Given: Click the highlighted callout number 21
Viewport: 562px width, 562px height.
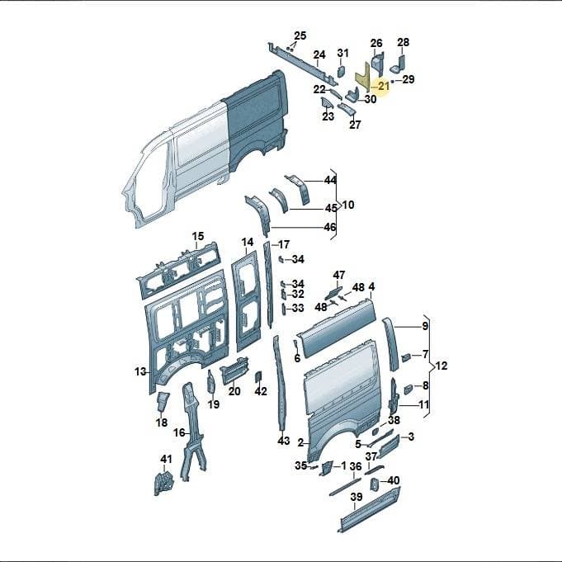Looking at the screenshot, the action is (x=383, y=86).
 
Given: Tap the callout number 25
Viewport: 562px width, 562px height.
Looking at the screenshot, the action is (x=300, y=35).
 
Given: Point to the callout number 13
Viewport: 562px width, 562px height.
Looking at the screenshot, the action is (x=140, y=371).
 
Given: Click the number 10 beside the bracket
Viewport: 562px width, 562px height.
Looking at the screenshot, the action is (x=348, y=205).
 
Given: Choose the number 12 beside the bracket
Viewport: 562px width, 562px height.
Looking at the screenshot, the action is (x=442, y=366).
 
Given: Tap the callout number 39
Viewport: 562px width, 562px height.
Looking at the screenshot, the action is (x=357, y=497).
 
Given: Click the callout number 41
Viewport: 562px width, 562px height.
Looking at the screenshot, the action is (x=166, y=459).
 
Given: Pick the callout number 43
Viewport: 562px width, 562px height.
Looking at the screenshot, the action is (x=284, y=441).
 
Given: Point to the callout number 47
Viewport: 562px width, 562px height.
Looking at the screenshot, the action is (x=339, y=276).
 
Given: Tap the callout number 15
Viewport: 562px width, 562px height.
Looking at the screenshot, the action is (x=197, y=236).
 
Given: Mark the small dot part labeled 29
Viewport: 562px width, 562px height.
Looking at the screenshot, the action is (x=393, y=82).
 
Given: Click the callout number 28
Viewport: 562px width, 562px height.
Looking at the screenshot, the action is (x=404, y=42).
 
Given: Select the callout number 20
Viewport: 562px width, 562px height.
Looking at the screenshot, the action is (x=234, y=391).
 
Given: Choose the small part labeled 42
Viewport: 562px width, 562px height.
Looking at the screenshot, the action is (x=257, y=377).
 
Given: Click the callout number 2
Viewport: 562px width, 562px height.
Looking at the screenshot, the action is (x=301, y=443).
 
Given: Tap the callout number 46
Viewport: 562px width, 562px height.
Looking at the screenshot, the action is (x=330, y=227).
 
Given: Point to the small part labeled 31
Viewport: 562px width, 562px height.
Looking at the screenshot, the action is (x=341, y=71).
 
